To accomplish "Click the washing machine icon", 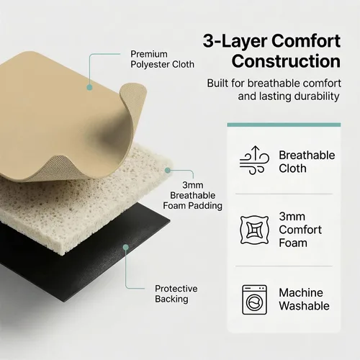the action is click(x=254, y=300).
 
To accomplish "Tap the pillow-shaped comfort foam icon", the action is click(x=254, y=230).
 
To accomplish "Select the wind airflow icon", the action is click(x=254, y=160).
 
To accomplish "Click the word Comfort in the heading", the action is click(x=306, y=41).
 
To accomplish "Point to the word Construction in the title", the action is click(x=286, y=61).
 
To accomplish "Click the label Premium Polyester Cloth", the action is click(x=162, y=59).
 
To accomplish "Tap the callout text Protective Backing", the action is click(x=176, y=294).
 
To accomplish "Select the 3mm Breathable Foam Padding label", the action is click(x=192, y=195).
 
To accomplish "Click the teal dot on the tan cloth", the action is click(x=89, y=87).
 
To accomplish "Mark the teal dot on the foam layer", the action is click(x=168, y=171).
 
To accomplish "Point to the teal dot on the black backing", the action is click(x=126, y=247).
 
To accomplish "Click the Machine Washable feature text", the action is click(x=304, y=300).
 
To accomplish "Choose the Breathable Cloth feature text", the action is click(x=307, y=162).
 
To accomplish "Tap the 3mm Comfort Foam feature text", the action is click(x=300, y=230).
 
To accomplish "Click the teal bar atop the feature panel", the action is click(x=284, y=125).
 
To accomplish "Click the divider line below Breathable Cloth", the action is click(x=284, y=194).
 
